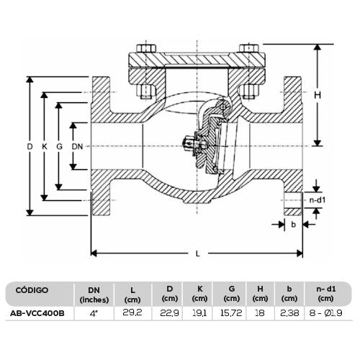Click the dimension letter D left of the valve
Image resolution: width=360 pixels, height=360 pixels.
coord(30,147)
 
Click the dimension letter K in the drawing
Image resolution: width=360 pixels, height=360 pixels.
coord(45,147)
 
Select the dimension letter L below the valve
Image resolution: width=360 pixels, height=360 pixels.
coord(197,254)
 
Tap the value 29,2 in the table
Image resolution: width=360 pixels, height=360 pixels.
coord(132,314)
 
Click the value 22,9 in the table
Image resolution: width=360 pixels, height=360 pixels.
coord(168,314)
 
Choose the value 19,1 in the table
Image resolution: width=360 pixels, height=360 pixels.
coord(199,314)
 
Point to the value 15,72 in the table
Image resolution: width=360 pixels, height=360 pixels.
coord(231,314)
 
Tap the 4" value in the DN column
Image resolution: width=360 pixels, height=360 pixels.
coord(94,314)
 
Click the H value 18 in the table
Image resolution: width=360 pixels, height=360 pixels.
coord(261,314)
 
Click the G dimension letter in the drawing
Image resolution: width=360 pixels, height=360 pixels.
coord(60,147)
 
